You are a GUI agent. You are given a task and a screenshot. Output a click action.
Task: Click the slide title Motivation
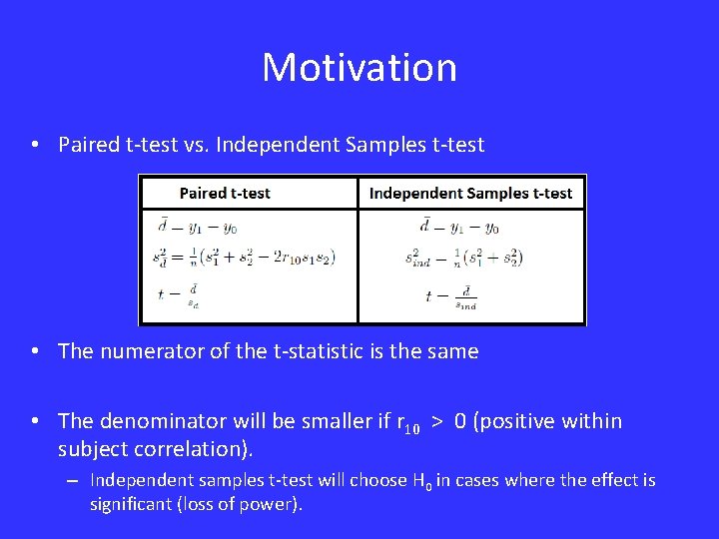[359, 68]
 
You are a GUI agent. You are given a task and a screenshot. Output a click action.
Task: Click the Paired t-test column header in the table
[225, 193]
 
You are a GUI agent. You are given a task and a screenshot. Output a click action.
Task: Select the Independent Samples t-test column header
[470, 193]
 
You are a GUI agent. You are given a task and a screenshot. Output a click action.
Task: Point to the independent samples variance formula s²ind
[463, 258]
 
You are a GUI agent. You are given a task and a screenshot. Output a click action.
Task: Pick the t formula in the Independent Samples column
[451, 297]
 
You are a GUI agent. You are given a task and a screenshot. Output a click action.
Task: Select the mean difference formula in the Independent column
[459, 227]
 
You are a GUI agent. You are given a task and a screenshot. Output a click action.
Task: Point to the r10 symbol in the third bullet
[405, 423]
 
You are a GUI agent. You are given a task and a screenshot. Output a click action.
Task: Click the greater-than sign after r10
[437, 422]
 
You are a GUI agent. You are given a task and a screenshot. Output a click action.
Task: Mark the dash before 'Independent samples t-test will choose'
[73, 481]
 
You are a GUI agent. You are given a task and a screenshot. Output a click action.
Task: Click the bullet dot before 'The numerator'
[35, 351]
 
